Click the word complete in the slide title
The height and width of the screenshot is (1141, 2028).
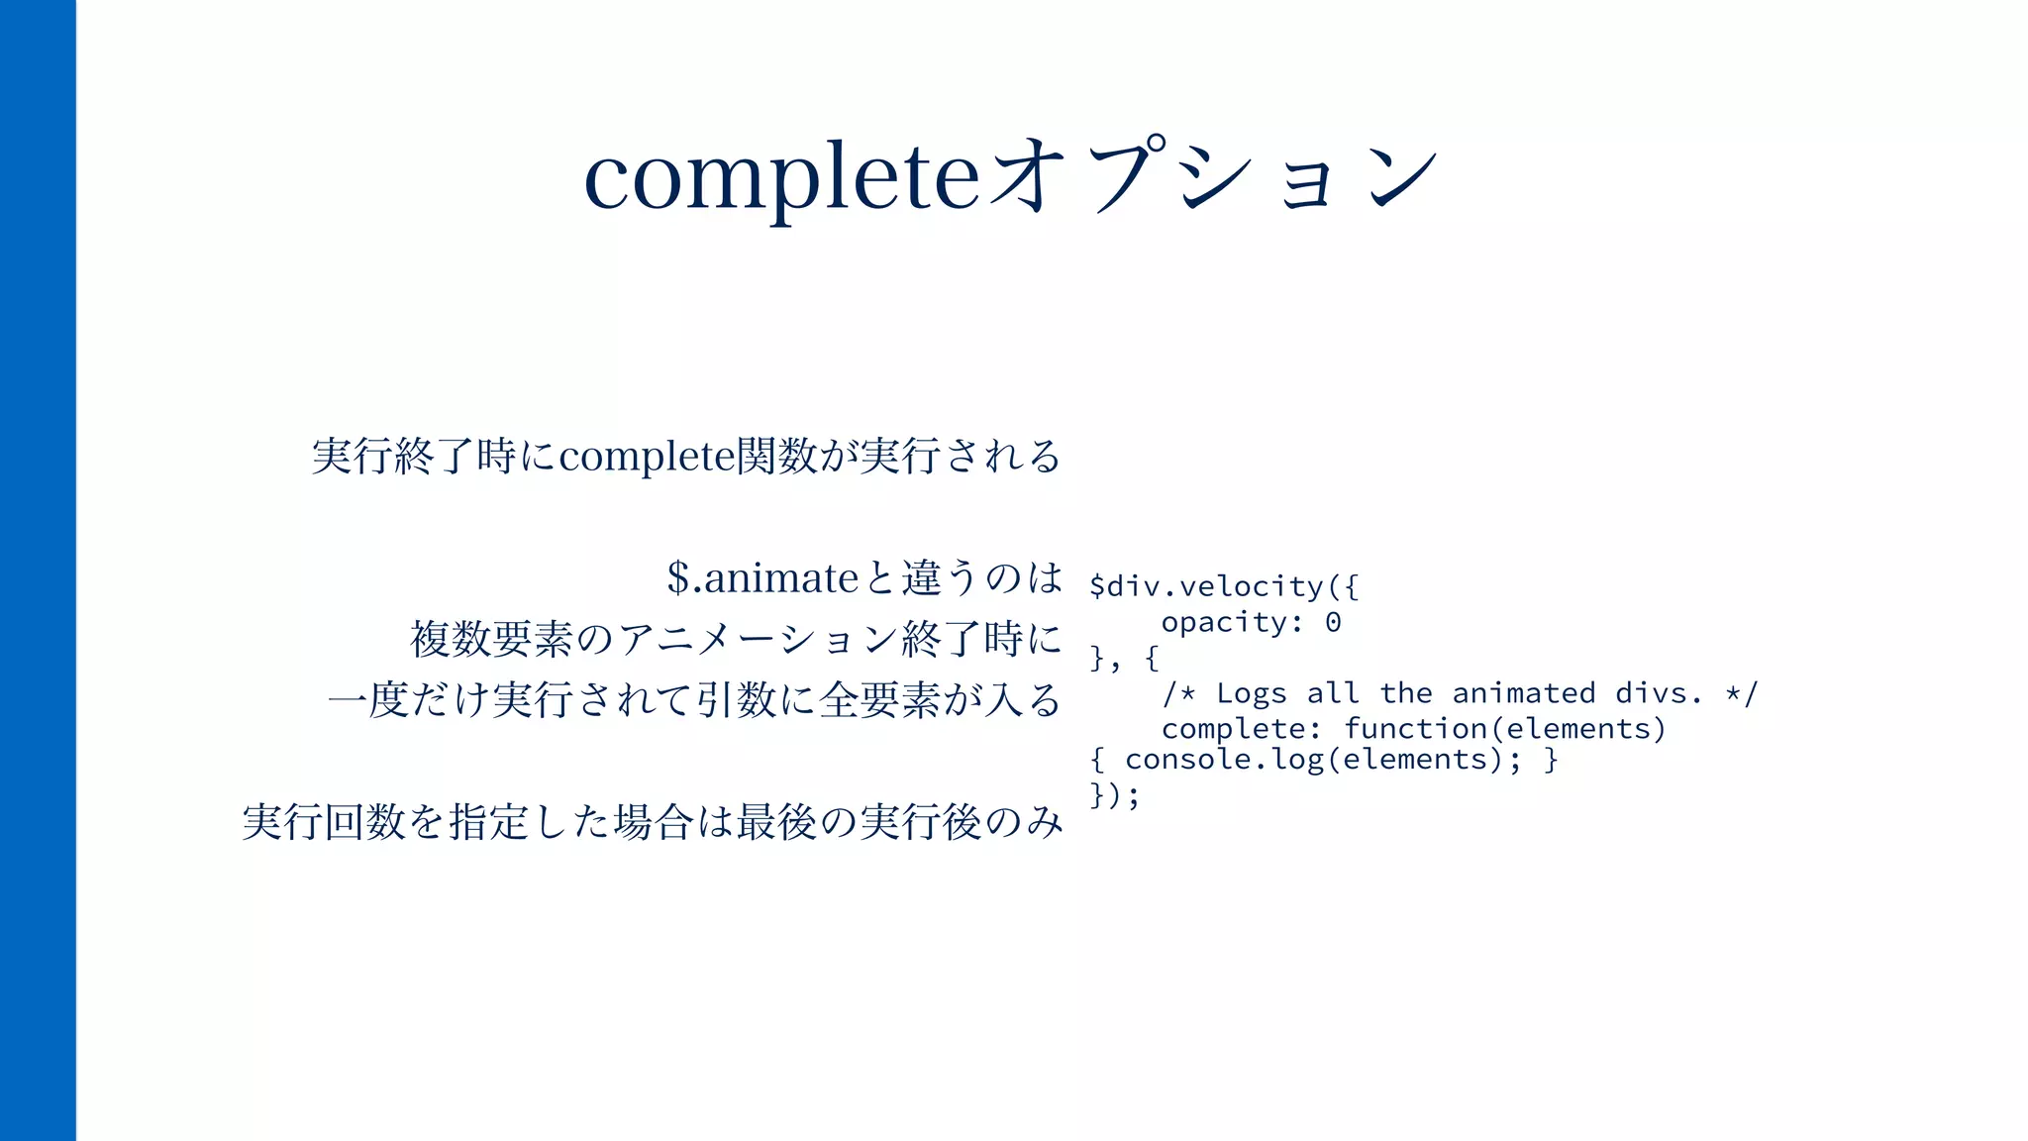[781, 178]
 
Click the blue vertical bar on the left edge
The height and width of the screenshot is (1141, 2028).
[38, 570]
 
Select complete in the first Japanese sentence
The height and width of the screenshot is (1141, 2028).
[647, 457]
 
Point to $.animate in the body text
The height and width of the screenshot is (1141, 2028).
[762, 578]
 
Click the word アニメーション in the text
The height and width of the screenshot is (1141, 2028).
[758, 640]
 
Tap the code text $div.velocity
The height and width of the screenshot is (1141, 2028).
[1206, 586]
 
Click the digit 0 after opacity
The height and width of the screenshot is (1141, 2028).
[1333, 622]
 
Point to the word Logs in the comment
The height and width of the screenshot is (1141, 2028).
[1251, 693]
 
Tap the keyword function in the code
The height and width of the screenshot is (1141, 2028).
[1415, 729]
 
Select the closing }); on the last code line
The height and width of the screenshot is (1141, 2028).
[1115, 795]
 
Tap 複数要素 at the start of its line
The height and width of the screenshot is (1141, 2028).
[492, 640]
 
